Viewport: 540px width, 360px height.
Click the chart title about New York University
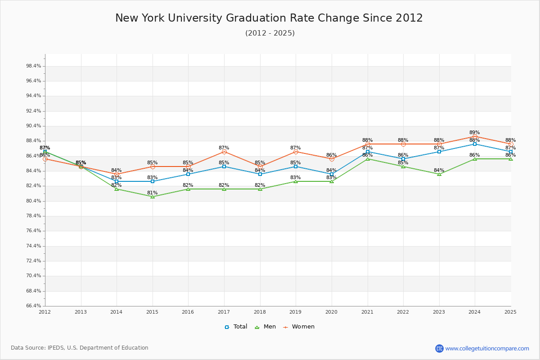[x=269, y=18]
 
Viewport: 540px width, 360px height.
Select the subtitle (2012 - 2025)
[x=270, y=33]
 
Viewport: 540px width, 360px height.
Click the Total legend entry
[x=236, y=327]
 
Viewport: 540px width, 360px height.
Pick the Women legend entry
[x=299, y=327]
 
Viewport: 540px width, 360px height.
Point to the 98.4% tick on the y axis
[x=34, y=66]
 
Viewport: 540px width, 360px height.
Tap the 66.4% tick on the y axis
[x=34, y=306]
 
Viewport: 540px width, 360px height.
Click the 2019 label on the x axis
[x=295, y=312]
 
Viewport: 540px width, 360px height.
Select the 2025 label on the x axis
[x=510, y=312]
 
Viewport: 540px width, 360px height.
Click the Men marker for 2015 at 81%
[x=153, y=197]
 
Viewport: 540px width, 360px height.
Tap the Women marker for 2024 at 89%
[x=475, y=136]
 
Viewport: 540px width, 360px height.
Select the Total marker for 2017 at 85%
[x=224, y=166]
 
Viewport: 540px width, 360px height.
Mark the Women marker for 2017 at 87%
[x=224, y=152]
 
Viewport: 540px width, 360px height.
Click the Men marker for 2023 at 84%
[x=439, y=174]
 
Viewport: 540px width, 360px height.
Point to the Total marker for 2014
[x=117, y=181]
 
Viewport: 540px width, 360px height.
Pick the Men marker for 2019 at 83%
[x=296, y=181]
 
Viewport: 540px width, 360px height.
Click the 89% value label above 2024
[x=475, y=132]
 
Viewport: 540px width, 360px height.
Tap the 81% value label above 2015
[x=153, y=193]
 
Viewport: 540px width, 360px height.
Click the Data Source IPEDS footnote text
[x=80, y=348]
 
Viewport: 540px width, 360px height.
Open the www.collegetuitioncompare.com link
[x=487, y=348]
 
